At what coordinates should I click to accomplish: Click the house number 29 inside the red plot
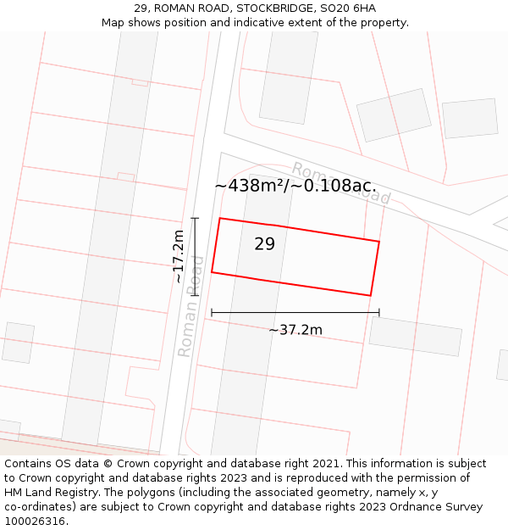(x=264, y=244)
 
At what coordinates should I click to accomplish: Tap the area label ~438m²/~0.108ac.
(x=295, y=186)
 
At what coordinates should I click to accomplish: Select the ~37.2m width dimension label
(x=295, y=330)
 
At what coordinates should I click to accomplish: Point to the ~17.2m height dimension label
(x=178, y=256)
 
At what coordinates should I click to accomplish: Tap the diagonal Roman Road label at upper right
(x=341, y=182)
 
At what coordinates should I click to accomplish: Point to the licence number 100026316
(x=36, y=522)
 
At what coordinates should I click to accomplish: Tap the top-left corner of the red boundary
(x=220, y=219)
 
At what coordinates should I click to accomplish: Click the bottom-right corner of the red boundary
(x=370, y=296)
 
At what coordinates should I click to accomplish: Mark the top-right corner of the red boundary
(x=379, y=242)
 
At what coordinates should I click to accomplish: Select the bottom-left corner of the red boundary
(x=212, y=272)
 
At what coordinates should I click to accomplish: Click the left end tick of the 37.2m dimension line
(x=212, y=313)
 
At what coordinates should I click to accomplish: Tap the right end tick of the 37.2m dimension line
(x=379, y=313)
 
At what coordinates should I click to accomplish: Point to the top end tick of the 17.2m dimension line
(x=195, y=219)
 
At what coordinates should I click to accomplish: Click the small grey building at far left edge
(x=18, y=343)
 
